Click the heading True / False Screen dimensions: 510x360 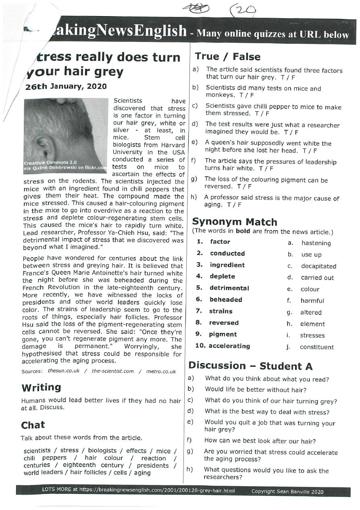[x=228, y=57]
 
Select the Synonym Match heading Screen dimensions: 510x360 [x=235, y=222]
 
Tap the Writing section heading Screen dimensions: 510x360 [x=41, y=388]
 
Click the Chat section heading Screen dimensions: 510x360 [x=33, y=425]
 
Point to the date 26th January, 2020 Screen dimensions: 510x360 [x=66, y=86]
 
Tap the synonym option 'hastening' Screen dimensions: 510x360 [x=316, y=243]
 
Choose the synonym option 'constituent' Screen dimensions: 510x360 [x=317, y=347]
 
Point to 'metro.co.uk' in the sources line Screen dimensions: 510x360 [x=161, y=372]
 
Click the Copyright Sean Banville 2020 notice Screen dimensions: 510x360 [x=287, y=492]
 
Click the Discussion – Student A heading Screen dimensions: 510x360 [x=250, y=366]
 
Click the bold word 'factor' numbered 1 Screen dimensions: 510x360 [x=220, y=242]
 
